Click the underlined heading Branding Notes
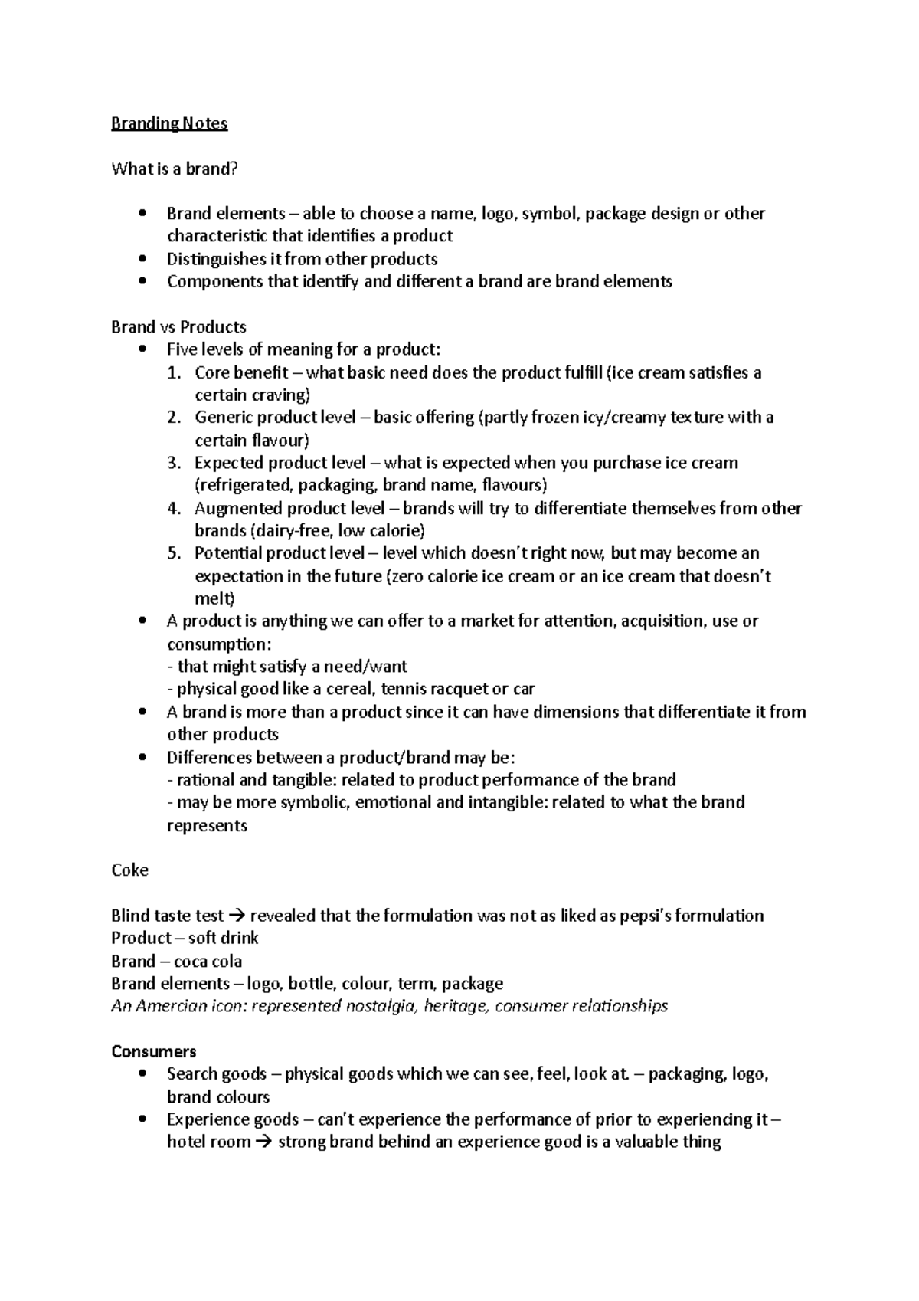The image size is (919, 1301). pyautogui.click(x=169, y=123)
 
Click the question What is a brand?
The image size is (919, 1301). pyautogui.click(x=175, y=169)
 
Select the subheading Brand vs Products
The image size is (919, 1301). pyautogui.click(x=178, y=327)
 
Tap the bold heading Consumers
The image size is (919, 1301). pyautogui.click(x=153, y=1051)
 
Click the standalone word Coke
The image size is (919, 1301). pyautogui.click(x=129, y=870)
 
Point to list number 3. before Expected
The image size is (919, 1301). pyautogui.click(x=174, y=463)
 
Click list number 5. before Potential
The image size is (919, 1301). pyautogui.click(x=174, y=553)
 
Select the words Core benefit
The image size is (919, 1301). pyautogui.click(x=241, y=372)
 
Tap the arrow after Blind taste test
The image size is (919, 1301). pyautogui.click(x=237, y=916)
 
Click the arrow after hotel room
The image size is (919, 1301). pyautogui.click(x=263, y=1142)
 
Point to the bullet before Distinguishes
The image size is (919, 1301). pyautogui.click(x=142, y=259)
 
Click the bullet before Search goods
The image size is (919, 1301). pyautogui.click(x=142, y=1074)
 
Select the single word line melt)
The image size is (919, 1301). pyautogui.click(x=214, y=598)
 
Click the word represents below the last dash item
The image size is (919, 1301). pyautogui.click(x=207, y=826)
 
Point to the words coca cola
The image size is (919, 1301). pyautogui.click(x=208, y=961)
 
